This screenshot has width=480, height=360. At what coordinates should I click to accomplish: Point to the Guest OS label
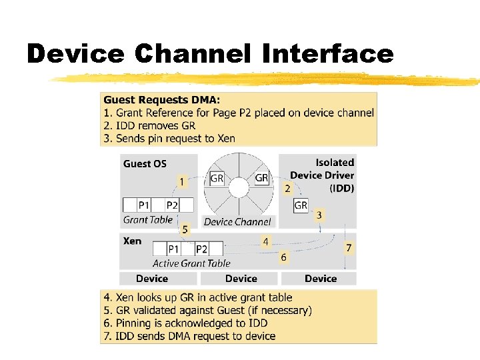point(145,164)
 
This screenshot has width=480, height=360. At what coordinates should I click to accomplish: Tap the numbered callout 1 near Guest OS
point(181,181)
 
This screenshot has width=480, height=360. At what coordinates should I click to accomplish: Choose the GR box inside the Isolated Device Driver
point(301,205)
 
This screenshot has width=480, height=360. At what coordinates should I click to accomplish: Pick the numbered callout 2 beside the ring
point(287,189)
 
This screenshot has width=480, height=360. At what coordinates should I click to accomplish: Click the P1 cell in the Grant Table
point(144,205)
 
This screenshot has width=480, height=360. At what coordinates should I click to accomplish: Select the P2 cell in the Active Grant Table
point(201,249)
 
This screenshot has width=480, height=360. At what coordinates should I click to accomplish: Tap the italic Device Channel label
point(237,222)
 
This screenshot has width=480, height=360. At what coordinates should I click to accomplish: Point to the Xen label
point(132,241)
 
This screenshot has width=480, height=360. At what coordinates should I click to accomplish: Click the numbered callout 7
point(348,247)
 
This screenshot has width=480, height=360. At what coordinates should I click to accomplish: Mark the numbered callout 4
point(265,241)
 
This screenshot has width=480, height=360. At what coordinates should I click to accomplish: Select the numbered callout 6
point(284,257)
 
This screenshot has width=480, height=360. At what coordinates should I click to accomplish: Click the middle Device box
point(241,279)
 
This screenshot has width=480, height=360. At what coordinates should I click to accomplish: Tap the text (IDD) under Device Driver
point(341,188)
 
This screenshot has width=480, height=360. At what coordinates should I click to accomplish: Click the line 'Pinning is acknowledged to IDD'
point(184,323)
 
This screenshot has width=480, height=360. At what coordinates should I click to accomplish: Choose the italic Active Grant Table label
point(191,263)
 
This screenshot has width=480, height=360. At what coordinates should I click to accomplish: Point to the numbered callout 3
point(319,215)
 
